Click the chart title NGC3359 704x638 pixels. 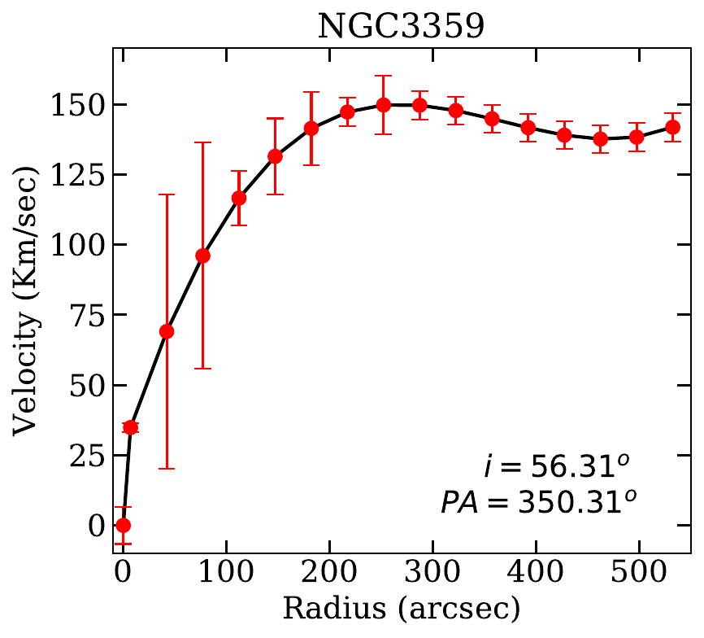[x=400, y=26]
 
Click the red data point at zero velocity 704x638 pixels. [x=124, y=526]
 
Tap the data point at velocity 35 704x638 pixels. [x=130, y=427]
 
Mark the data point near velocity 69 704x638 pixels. [x=167, y=331]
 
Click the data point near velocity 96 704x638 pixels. [x=203, y=256]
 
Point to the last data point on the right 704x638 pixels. [x=672, y=127]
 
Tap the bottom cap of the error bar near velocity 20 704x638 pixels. [x=167, y=469]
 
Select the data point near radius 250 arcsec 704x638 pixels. [x=384, y=105]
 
